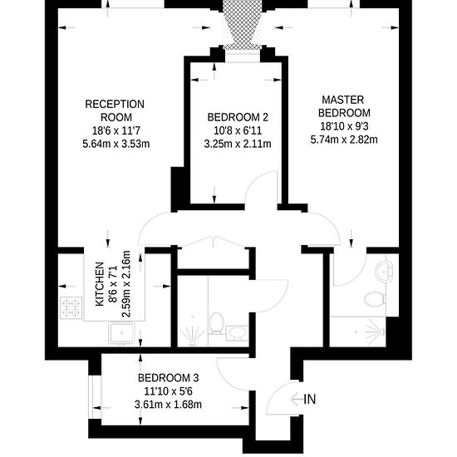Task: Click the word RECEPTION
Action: (x=115, y=104)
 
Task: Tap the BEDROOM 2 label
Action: (x=238, y=117)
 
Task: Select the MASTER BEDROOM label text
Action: (x=344, y=106)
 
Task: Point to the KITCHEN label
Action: (x=100, y=284)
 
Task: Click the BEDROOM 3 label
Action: (x=168, y=378)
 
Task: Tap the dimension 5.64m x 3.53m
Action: (x=116, y=144)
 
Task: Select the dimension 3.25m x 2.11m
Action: (x=238, y=144)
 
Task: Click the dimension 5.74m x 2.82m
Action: (x=344, y=140)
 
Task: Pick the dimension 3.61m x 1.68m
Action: (x=168, y=405)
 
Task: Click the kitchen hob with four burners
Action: (x=71, y=307)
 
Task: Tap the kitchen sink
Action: (x=121, y=333)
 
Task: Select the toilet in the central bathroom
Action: (x=216, y=323)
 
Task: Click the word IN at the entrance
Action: (x=310, y=399)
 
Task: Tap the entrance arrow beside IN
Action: (x=297, y=399)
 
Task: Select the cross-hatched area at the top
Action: (x=243, y=25)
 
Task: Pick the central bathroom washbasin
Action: (x=237, y=333)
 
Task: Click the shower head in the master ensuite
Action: (x=382, y=332)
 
